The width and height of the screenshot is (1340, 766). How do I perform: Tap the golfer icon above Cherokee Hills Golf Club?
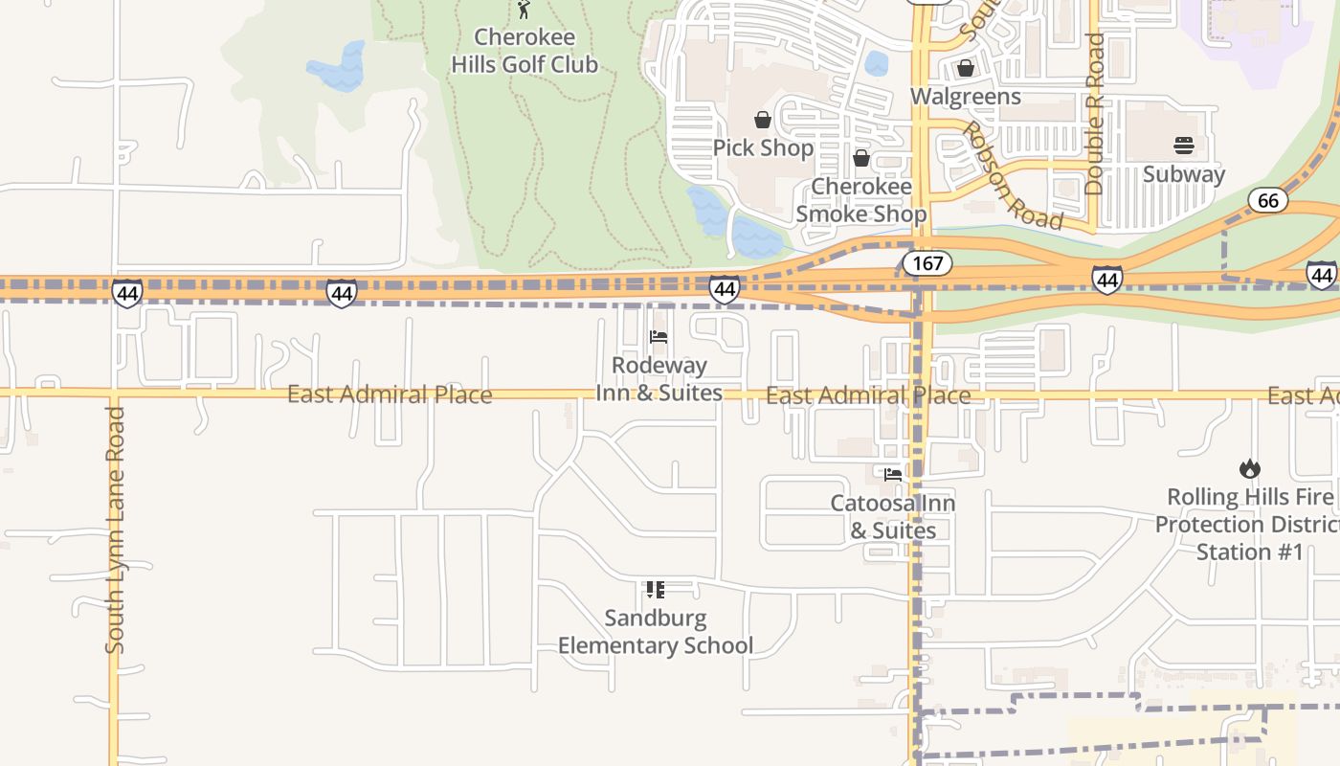pos(524,10)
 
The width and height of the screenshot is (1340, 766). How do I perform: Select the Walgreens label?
pos(965,96)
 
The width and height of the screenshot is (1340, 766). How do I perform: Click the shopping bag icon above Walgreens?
pos(965,68)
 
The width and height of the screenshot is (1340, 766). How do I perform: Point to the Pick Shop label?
pos(763,147)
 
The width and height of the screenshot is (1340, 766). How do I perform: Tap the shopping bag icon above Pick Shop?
pos(763,120)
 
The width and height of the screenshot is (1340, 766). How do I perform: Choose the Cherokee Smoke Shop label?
pos(860,199)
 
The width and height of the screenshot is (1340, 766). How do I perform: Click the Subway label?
pos(1183,173)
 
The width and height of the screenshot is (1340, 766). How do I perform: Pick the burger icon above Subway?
pos(1183,146)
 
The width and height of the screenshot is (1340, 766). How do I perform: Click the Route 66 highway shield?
pos(1267,200)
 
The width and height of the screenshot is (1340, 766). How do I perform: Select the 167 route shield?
pos(927,263)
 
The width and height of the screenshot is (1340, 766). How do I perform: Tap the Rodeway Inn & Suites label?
pos(659,378)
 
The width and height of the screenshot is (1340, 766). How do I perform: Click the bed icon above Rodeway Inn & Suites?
pos(659,337)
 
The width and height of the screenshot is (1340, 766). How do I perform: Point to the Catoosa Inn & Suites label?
pos(892,516)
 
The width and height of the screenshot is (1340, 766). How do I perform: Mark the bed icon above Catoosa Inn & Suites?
pos(892,474)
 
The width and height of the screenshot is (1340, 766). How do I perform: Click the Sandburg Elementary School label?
pos(656,631)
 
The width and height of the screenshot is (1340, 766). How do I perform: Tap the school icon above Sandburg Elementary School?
pos(656,590)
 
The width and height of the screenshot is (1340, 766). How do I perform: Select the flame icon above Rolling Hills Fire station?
pos(1249,469)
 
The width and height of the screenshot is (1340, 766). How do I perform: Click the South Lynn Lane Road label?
pos(115,529)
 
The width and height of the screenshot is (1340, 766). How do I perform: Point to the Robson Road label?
pos(1013,176)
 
